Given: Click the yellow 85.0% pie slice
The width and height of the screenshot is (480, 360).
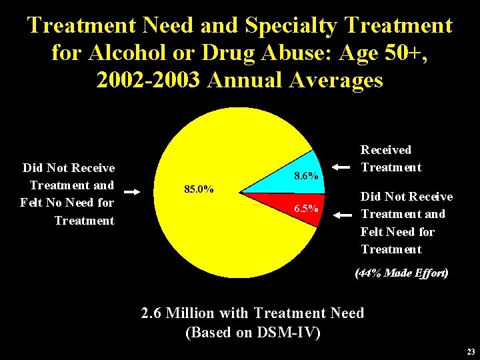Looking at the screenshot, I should (200, 220).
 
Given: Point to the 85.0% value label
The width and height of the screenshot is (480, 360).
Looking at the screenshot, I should (199, 189).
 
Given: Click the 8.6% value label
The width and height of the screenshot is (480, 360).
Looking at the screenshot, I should (306, 177).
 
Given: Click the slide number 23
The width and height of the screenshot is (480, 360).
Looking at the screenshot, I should (471, 352).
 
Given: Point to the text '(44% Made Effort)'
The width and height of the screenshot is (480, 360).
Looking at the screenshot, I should (402, 273).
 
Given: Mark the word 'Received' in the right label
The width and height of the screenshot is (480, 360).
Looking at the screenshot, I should (386, 150).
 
